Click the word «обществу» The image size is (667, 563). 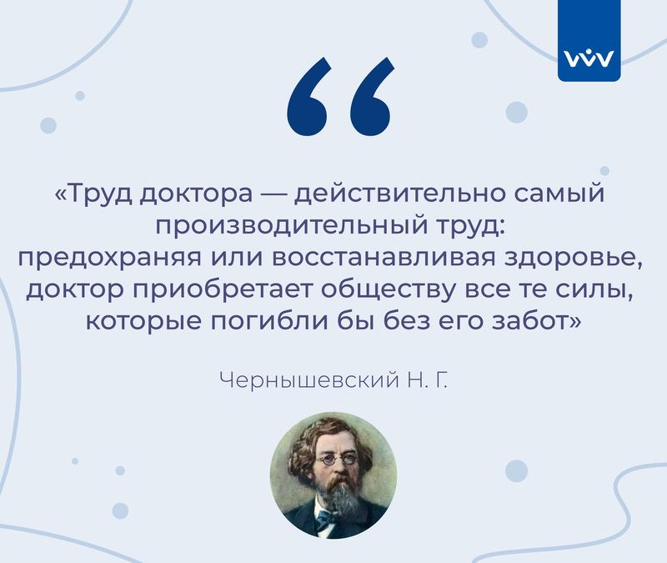coord(389,290)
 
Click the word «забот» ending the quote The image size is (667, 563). coord(531,321)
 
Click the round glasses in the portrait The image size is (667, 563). coord(339,460)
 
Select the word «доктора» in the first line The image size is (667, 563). coord(197,194)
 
